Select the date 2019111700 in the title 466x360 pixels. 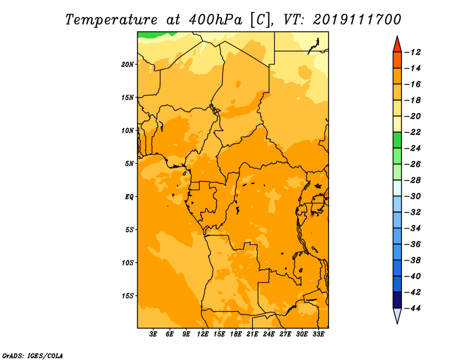[x=356, y=19]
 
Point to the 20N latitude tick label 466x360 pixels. [x=128, y=64]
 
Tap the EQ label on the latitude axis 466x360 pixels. [x=129, y=196]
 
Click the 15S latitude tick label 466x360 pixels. [x=128, y=295]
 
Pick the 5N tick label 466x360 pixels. [x=129, y=163]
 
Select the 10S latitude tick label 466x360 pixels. [x=128, y=262]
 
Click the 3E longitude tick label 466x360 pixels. [x=153, y=334]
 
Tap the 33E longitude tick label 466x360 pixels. [x=318, y=334]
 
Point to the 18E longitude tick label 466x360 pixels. [x=235, y=334]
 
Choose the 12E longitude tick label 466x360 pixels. [x=203, y=334]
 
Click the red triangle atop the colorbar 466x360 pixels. [x=397, y=44]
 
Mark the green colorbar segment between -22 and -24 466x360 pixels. [x=397, y=140]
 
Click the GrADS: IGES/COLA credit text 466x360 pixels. [x=33, y=355]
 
